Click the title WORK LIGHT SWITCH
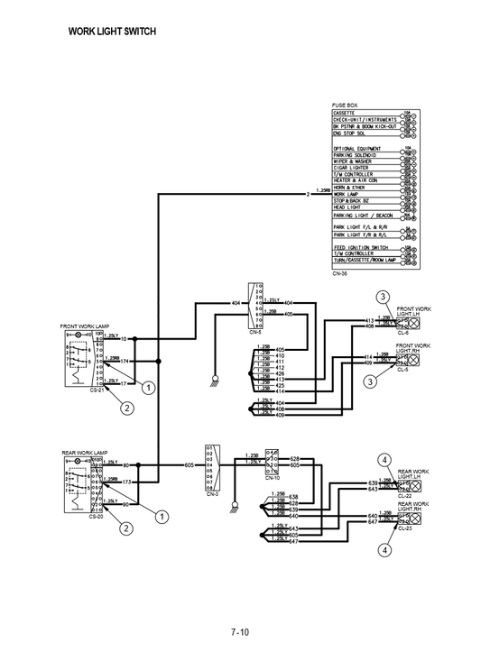113,32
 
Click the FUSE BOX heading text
346,106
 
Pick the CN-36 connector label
339,272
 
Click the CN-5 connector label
254,332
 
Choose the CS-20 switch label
96,516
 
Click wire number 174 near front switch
125,361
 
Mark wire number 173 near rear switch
125,482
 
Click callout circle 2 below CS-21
127,408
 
